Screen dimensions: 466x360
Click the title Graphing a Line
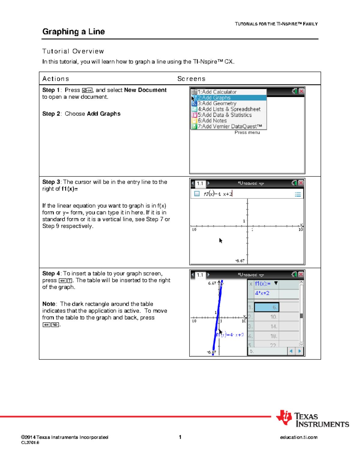(x=73, y=32)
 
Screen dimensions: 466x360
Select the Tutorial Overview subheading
(x=73, y=51)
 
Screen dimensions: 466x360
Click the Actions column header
(x=55, y=79)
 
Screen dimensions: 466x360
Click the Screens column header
(x=191, y=79)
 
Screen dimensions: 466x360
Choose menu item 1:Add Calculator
(x=217, y=92)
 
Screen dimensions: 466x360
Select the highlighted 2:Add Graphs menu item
(x=214, y=98)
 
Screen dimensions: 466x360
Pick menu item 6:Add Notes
(x=212, y=121)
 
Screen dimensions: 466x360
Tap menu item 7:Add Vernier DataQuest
(x=229, y=126)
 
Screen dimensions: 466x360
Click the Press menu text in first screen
(x=247, y=132)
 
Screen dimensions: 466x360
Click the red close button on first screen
(x=301, y=91)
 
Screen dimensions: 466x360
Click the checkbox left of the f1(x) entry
(x=197, y=194)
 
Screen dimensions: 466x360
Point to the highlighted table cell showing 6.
(x=266, y=307)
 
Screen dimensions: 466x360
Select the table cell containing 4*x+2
(x=262, y=293)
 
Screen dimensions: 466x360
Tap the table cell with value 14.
(x=266, y=326)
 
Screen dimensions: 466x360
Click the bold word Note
(x=49, y=304)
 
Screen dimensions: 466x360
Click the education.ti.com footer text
(x=298, y=437)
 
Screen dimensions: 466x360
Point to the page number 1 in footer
(x=180, y=437)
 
